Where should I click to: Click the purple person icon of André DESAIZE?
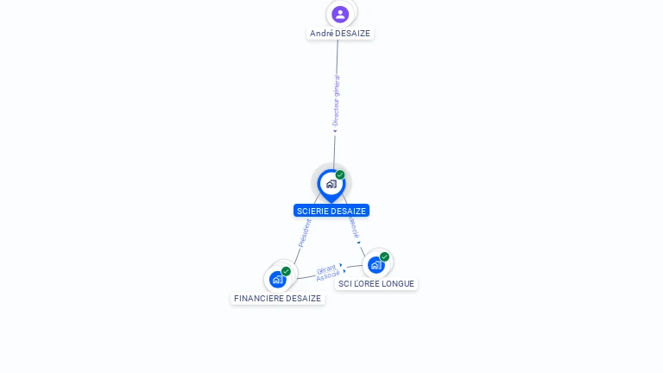coord(340,14)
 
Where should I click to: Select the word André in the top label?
coord(321,34)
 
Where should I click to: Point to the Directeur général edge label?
coord(337,100)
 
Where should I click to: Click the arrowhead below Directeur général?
coord(335,132)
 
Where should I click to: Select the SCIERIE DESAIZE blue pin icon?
coord(331,184)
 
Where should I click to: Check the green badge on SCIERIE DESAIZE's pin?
coord(340,174)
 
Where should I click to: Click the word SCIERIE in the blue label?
coord(313,211)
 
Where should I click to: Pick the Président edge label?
coord(305,232)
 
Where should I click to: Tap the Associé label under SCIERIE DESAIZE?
coord(353,227)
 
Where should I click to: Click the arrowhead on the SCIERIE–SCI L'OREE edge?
coord(359,242)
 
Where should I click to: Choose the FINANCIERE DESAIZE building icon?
coord(277,280)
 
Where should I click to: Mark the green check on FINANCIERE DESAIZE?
coord(286,271)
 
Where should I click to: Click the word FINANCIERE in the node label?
coord(260,299)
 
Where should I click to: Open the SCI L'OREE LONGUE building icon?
coord(376,265)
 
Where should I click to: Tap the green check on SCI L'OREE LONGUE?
coord(384,256)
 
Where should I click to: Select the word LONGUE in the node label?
coord(399,284)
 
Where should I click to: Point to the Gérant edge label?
coord(325,269)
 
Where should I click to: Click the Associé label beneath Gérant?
coord(328,276)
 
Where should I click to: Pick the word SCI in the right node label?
coord(344,284)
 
